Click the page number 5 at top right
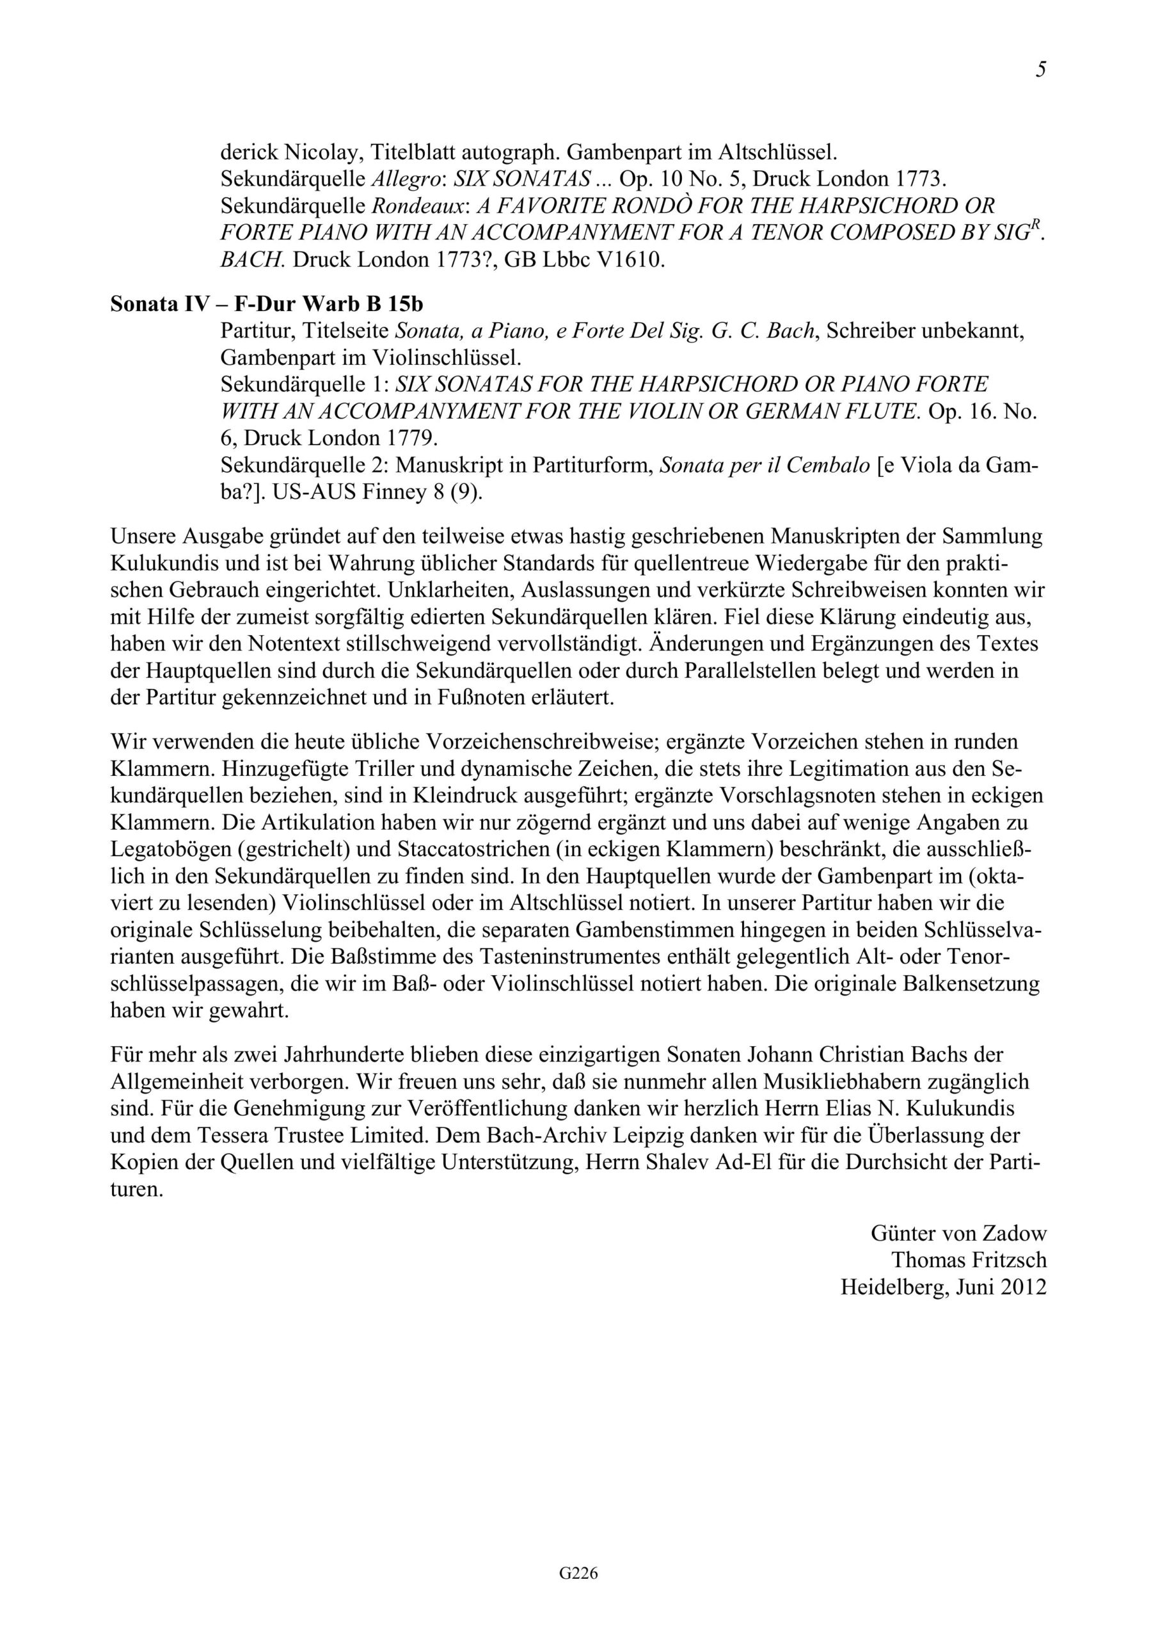[1041, 69]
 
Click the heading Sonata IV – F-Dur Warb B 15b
[266, 305]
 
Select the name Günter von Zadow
[958, 1233]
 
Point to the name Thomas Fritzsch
[969, 1260]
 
